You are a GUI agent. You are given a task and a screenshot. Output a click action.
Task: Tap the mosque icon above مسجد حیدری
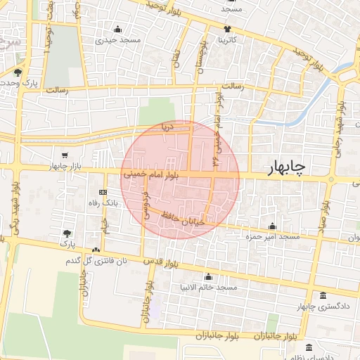coord(117,30)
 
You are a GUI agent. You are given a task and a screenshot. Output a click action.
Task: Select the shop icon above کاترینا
coord(227,29)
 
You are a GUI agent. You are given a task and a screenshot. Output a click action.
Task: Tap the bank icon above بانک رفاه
coord(104,192)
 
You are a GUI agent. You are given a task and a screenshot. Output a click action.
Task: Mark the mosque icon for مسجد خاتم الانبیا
coord(207,277)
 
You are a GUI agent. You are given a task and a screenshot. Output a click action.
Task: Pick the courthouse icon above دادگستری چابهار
coord(323,296)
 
